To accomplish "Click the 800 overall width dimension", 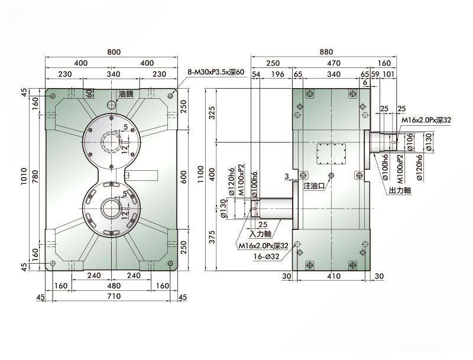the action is click(x=114, y=52).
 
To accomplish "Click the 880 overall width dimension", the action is click(x=326, y=52).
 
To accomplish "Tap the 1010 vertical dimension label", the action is click(x=24, y=177).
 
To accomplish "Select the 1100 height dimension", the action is click(x=200, y=174).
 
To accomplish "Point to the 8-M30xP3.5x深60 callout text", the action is click(x=216, y=72).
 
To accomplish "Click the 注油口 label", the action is click(x=314, y=186).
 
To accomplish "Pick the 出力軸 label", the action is click(x=400, y=190).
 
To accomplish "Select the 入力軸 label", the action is click(x=260, y=233).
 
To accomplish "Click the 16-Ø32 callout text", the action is click(x=267, y=257).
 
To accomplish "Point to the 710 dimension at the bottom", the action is click(x=114, y=296).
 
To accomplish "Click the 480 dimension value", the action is click(x=114, y=286).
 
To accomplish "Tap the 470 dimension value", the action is click(x=333, y=63).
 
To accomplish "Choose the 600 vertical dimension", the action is click(x=183, y=177).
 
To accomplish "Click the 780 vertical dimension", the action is click(x=35, y=177).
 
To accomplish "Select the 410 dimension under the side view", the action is click(x=333, y=276).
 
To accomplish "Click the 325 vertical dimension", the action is click(x=212, y=113).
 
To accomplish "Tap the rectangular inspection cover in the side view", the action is click(x=331, y=154).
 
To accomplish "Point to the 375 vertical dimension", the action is click(x=212, y=237).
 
